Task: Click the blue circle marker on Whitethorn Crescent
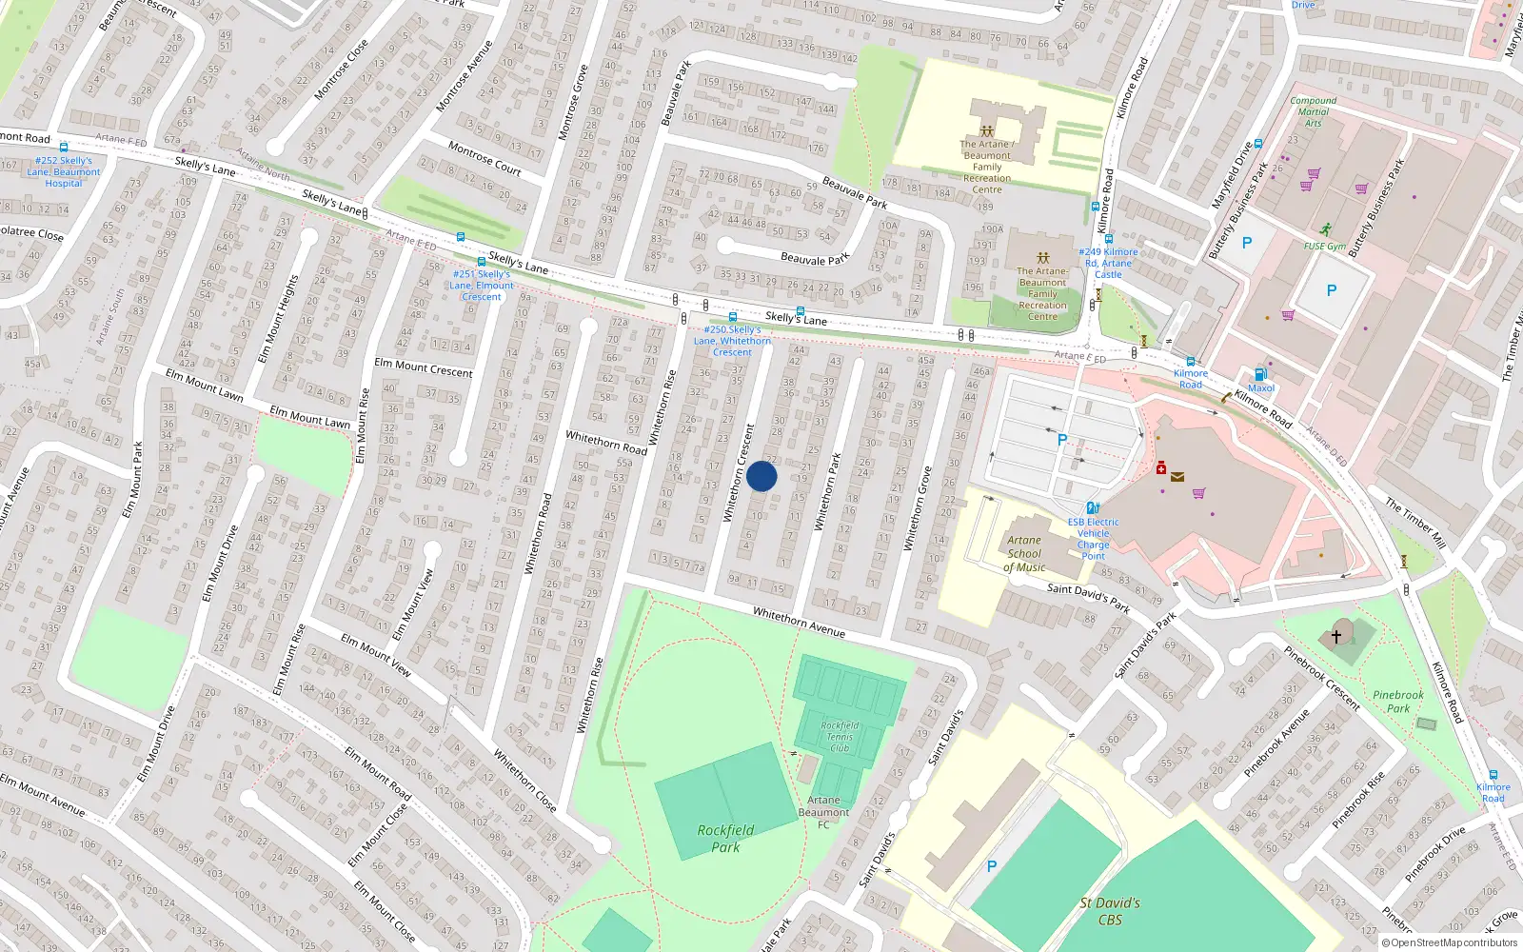pos(761,476)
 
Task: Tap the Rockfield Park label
pos(725,838)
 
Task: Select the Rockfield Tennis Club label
pos(840,737)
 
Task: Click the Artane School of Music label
pos(1024,553)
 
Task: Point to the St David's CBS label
pos(1110,911)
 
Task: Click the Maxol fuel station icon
pos(1260,374)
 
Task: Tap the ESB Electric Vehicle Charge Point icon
pos(1093,507)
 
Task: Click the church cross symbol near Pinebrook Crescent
pos(1336,635)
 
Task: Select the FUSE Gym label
pos(1324,246)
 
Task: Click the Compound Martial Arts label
pos(1313,111)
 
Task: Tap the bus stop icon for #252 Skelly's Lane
pos(64,148)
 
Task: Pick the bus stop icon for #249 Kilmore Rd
pos(1108,240)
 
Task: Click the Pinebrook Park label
pos(1398,702)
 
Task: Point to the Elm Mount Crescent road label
pos(423,367)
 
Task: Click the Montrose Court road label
pos(485,159)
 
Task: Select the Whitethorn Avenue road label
pos(799,622)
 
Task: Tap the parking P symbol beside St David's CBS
pos(991,866)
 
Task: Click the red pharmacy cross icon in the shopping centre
pos(1161,467)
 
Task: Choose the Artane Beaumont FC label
pos(823,812)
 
